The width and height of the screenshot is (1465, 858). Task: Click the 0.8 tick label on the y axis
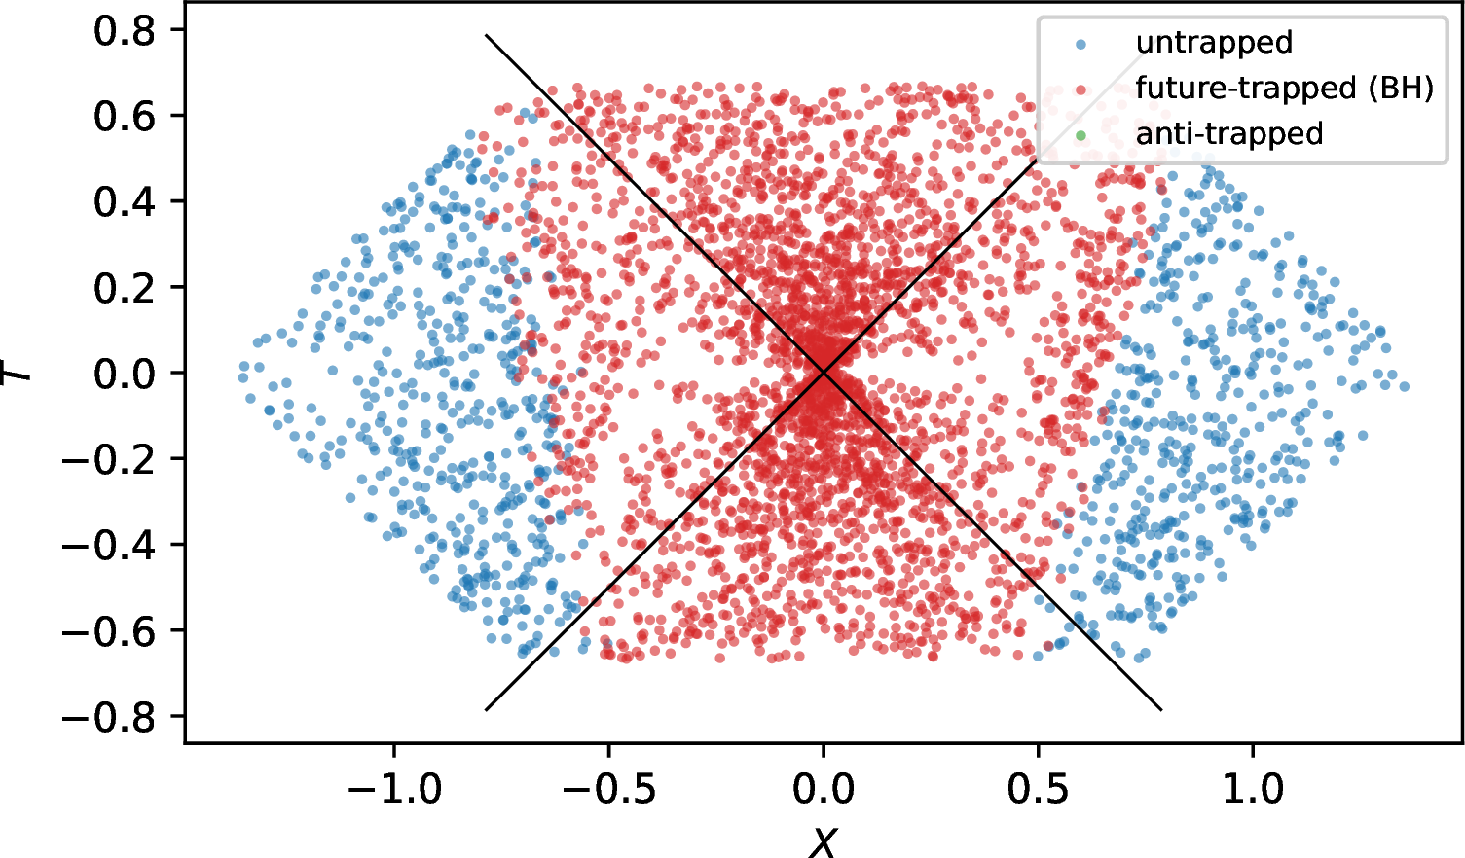(125, 31)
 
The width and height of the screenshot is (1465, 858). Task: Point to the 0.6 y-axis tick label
(125, 117)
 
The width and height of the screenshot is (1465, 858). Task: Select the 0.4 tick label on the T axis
(125, 202)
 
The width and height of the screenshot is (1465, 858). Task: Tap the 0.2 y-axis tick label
(125, 288)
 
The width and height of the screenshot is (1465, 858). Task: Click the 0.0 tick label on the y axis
(125, 375)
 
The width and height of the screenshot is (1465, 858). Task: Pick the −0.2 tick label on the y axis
(109, 460)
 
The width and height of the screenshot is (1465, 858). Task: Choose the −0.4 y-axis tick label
(109, 546)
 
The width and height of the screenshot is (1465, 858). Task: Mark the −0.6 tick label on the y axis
(109, 631)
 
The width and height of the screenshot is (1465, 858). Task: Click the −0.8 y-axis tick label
(109, 718)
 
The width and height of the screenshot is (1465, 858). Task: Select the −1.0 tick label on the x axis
(394, 789)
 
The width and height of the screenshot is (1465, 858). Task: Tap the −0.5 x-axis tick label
(609, 789)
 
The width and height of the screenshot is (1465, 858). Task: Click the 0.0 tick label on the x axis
(824, 789)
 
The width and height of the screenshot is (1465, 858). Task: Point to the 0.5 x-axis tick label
(1038, 789)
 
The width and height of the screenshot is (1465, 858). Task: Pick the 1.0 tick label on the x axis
(1253, 789)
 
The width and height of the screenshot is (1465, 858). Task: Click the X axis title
(824, 841)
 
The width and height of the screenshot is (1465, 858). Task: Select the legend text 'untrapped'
(1215, 43)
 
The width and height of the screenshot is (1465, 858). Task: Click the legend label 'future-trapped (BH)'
(1285, 89)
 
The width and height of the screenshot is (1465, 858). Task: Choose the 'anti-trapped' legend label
(1229, 134)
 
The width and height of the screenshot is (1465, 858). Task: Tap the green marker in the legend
(1080, 136)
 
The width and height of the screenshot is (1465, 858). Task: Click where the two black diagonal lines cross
(824, 372)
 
